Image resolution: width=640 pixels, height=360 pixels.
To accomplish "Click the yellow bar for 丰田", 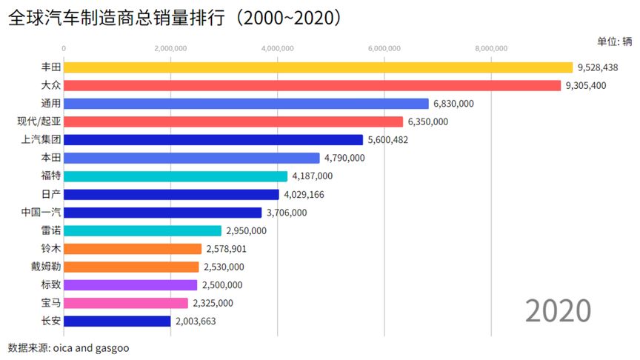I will pyautogui.click(x=319, y=67).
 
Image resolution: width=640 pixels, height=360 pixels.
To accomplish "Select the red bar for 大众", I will pyautogui.click(x=313, y=85).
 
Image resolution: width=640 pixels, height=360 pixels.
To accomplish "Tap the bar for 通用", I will pyautogui.click(x=247, y=104).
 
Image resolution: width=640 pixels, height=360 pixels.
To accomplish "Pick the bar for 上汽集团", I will pyautogui.click(x=213, y=139).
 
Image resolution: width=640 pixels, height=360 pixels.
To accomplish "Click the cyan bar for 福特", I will pyautogui.click(x=176, y=176).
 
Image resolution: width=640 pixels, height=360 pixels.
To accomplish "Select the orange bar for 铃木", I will pyautogui.click(x=133, y=249).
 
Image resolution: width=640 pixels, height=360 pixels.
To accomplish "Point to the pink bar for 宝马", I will pyautogui.click(x=126, y=303).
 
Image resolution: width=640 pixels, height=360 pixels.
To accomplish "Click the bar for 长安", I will pyautogui.click(x=117, y=321).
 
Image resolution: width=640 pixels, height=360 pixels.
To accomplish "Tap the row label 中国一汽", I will pyautogui.click(x=40, y=213).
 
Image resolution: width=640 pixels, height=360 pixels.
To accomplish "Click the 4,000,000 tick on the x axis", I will pyautogui.click(x=278, y=49).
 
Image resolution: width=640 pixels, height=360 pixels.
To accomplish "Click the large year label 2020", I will pyautogui.click(x=558, y=310).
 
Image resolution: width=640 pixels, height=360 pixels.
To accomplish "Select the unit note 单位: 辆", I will pyautogui.click(x=614, y=41).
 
